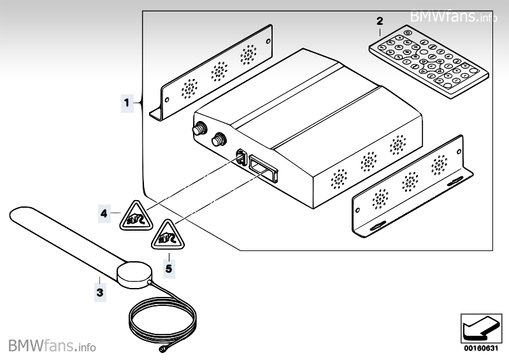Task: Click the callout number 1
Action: point(126,101)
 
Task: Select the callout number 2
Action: point(380,21)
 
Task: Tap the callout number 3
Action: point(99,292)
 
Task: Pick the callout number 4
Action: point(104,214)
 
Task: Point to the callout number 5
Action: point(168,268)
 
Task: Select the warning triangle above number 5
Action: point(166,236)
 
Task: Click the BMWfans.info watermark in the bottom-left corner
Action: point(52,347)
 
